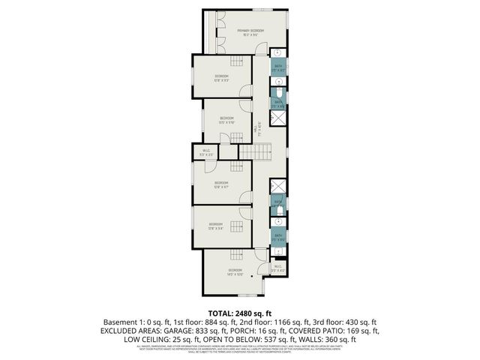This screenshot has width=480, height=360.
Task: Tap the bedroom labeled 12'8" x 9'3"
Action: point(222,78)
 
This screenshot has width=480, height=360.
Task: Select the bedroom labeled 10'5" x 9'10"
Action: point(226,120)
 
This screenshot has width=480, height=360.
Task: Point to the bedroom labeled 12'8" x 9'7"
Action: point(221,184)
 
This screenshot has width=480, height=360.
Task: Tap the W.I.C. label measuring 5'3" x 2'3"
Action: point(207,152)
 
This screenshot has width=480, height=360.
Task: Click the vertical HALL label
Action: point(258,127)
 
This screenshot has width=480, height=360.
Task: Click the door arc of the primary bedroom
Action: point(259,49)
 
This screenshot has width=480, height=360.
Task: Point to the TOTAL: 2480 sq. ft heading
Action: point(239,311)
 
